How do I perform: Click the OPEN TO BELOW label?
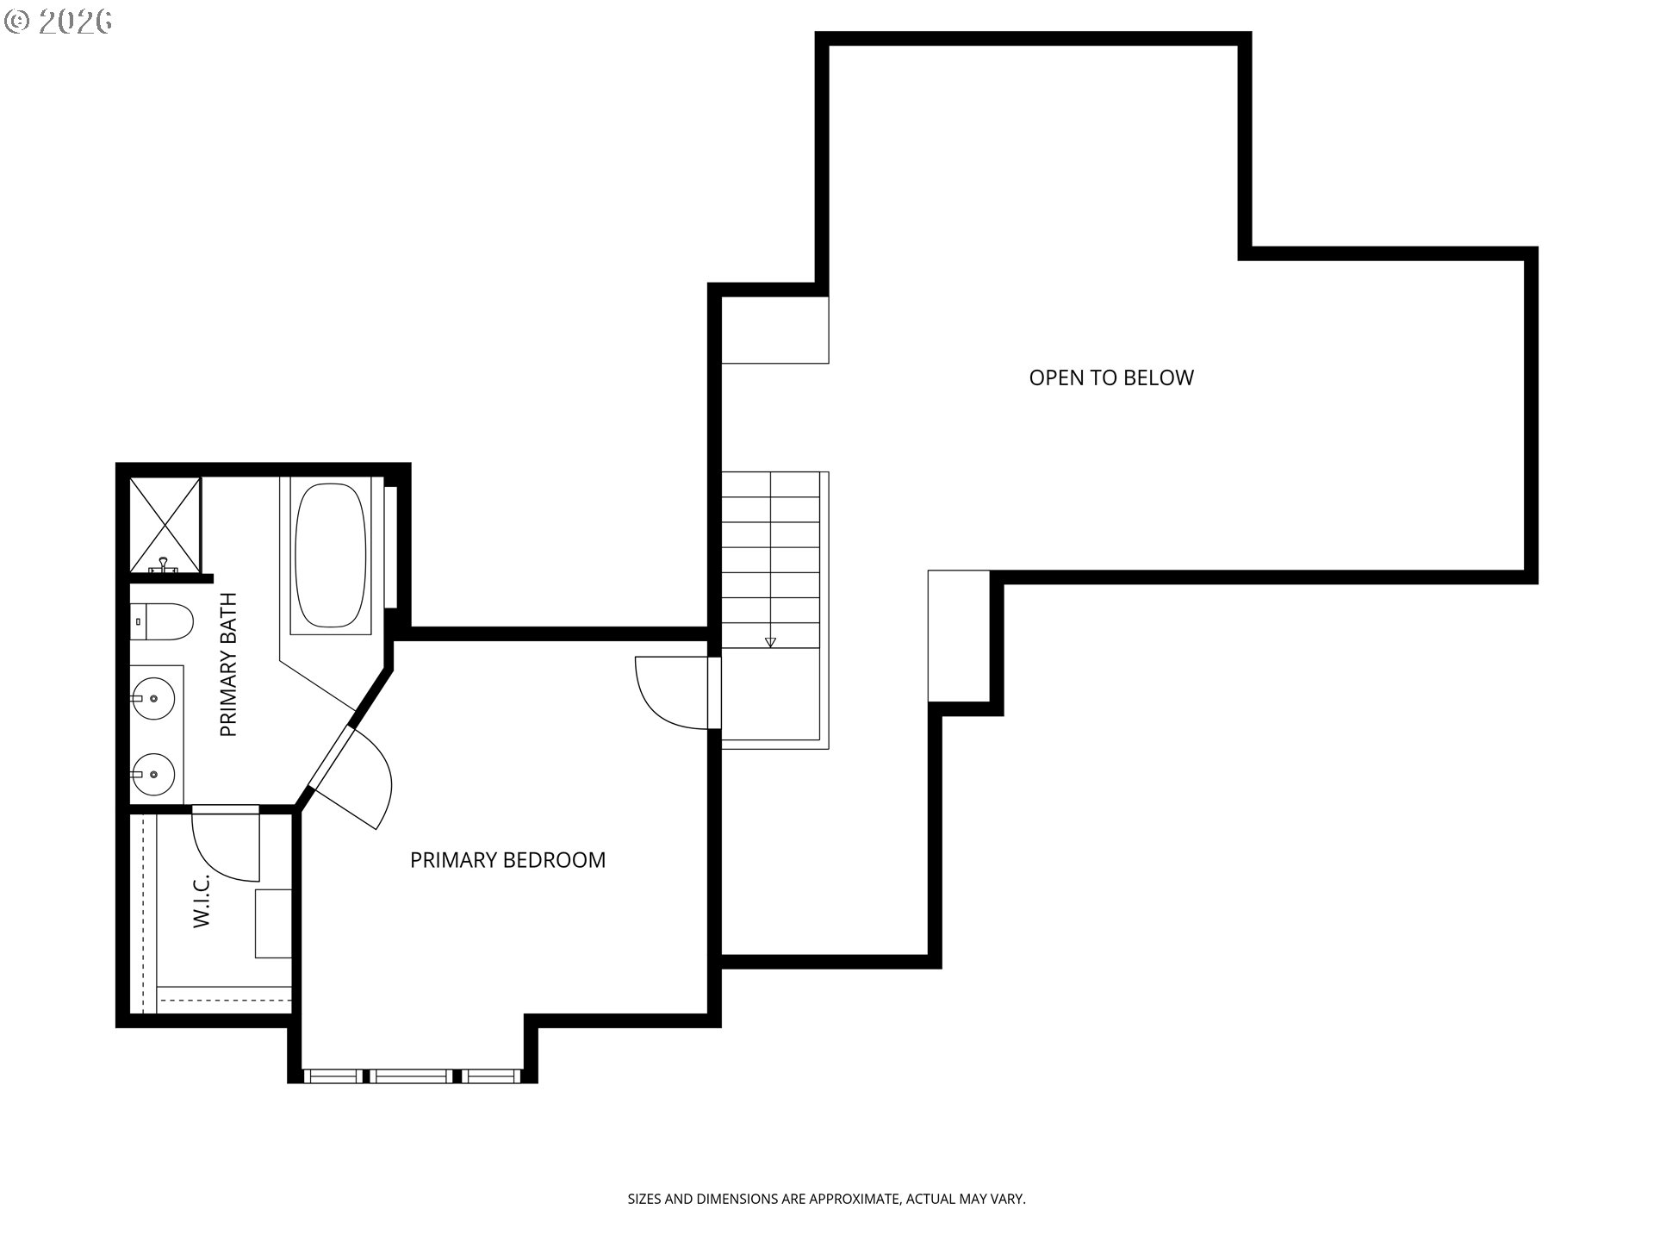tap(1111, 377)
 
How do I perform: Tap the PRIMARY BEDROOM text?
tap(507, 860)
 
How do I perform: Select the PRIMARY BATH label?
tap(228, 664)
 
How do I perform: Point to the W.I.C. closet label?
tap(202, 901)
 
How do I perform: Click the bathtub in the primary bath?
tap(330, 556)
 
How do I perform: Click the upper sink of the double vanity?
tap(154, 698)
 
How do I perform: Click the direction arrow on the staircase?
tap(770, 642)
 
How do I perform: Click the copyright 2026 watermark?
tap(58, 22)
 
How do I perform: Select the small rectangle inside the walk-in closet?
tap(273, 923)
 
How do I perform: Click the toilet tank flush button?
tap(138, 620)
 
